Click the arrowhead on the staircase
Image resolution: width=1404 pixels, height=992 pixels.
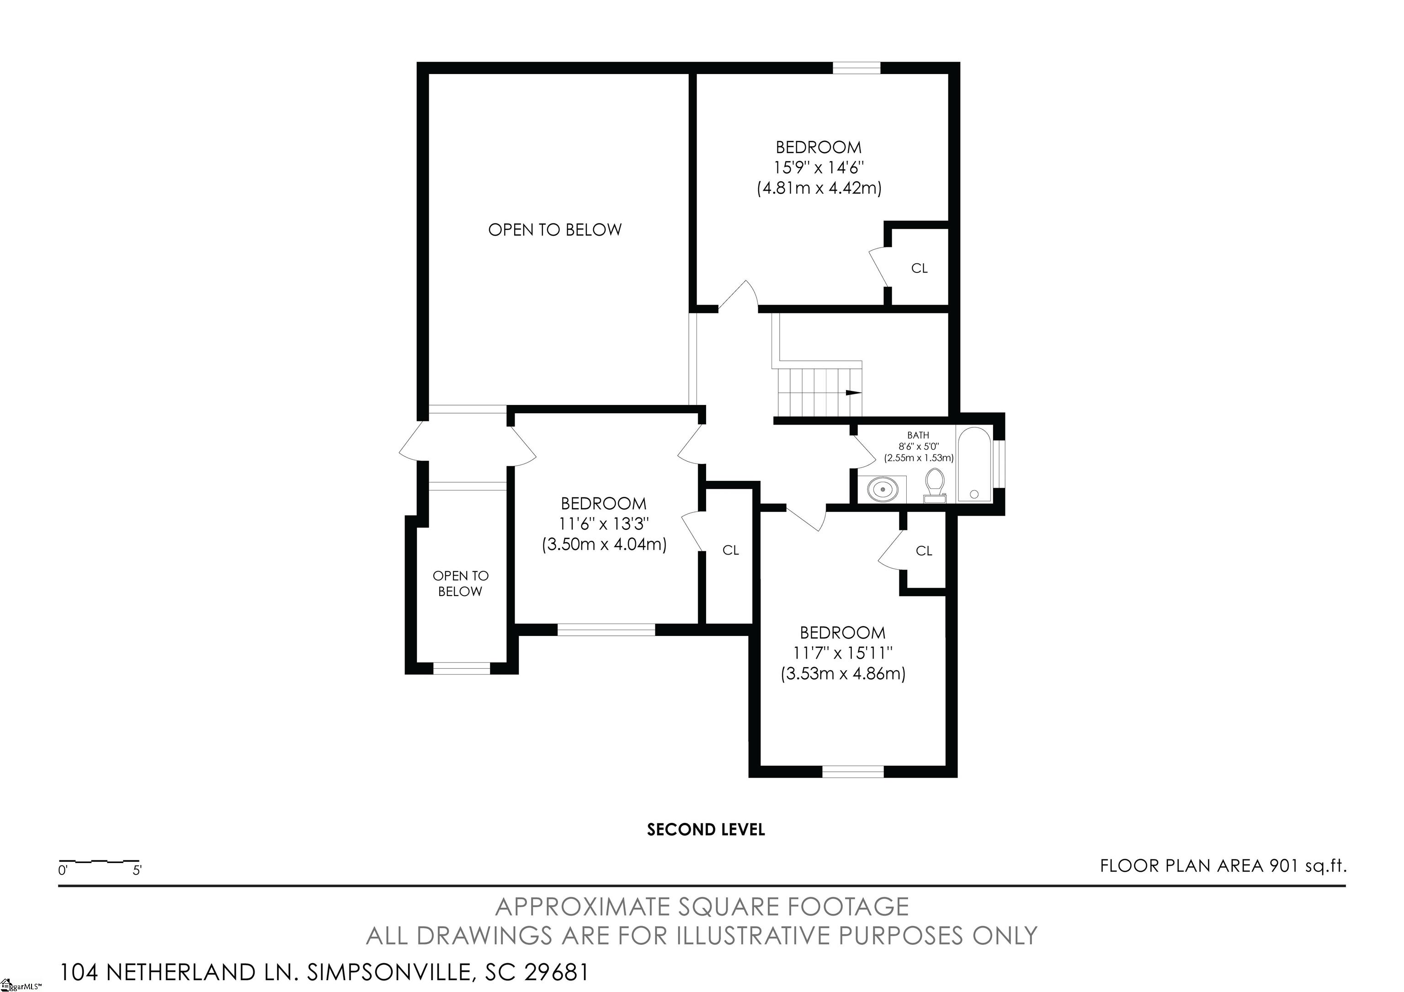point(854,393)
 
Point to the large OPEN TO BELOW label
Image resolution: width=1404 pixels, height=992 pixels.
point(555,230)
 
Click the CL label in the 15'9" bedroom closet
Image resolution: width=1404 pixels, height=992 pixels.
point(919,268)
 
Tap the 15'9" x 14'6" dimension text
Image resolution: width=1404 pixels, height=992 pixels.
point(819,167)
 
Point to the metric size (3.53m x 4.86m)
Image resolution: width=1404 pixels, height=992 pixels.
point(843,673)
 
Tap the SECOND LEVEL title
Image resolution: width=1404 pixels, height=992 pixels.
point(706,830)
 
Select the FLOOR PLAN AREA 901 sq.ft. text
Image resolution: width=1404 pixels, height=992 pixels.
point(1223,866)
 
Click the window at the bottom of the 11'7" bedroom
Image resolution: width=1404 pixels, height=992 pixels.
point(853,772)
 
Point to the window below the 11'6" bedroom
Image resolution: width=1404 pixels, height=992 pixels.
point(606,629)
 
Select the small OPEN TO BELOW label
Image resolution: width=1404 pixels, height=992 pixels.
point(460,583)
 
